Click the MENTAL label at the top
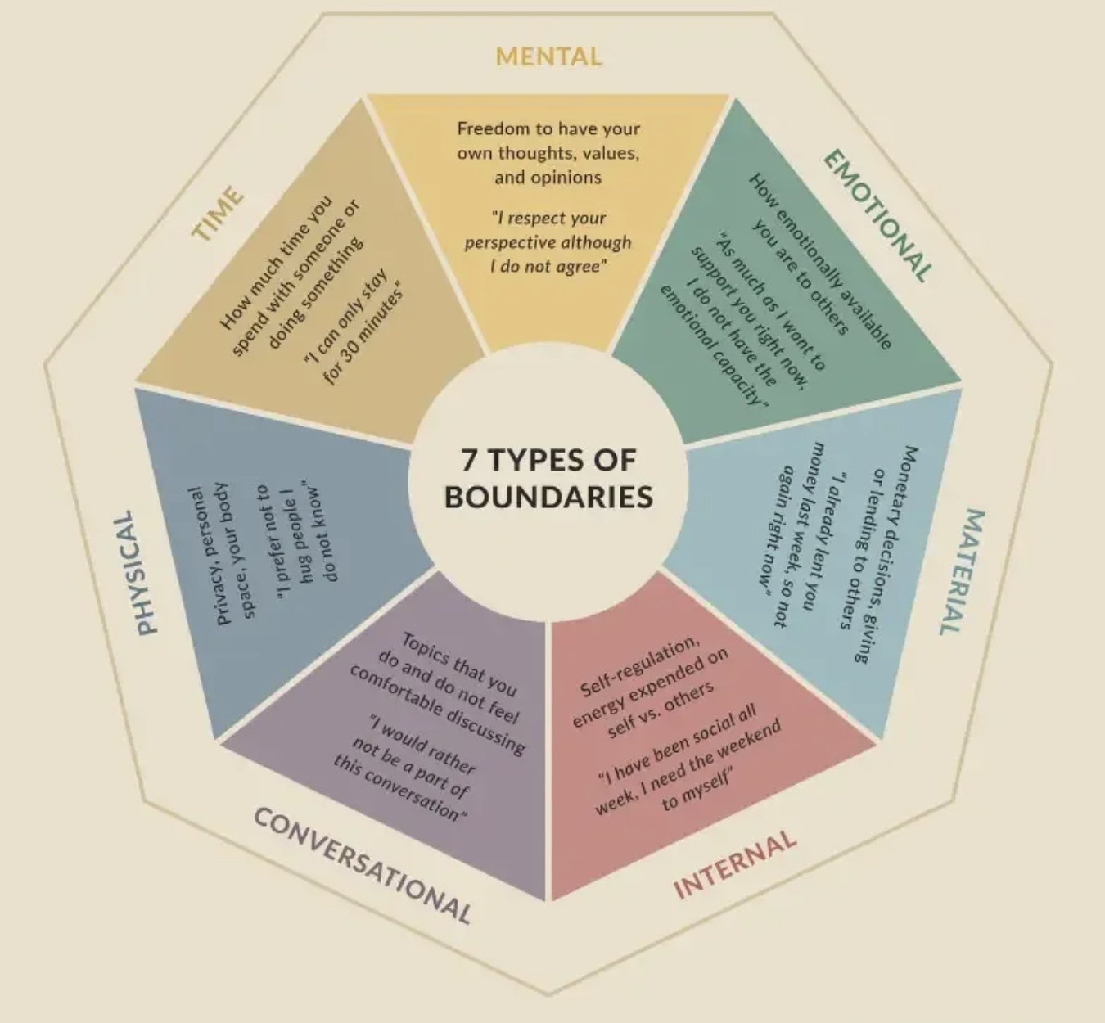(548, 56)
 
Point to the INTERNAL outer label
(734, 864)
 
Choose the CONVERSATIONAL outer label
(363, 864)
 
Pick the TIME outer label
(218, 214)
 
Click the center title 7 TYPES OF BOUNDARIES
(548, 479)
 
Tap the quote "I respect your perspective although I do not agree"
(548, 242)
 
